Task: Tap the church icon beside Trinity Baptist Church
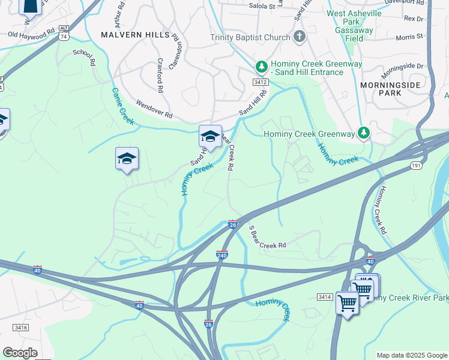[299, 38]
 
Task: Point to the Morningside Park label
[390, 89]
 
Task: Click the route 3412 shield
[260, 82]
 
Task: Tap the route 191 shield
[415, 165]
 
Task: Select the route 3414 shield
[325, 296]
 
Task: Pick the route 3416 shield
[21, 327]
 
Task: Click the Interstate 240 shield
[221, 254]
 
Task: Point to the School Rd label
[85, 57]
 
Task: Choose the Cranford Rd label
[160, 76]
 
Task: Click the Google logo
[20, 353]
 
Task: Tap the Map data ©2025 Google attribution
[411, 355]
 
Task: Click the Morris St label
[410, 37]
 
